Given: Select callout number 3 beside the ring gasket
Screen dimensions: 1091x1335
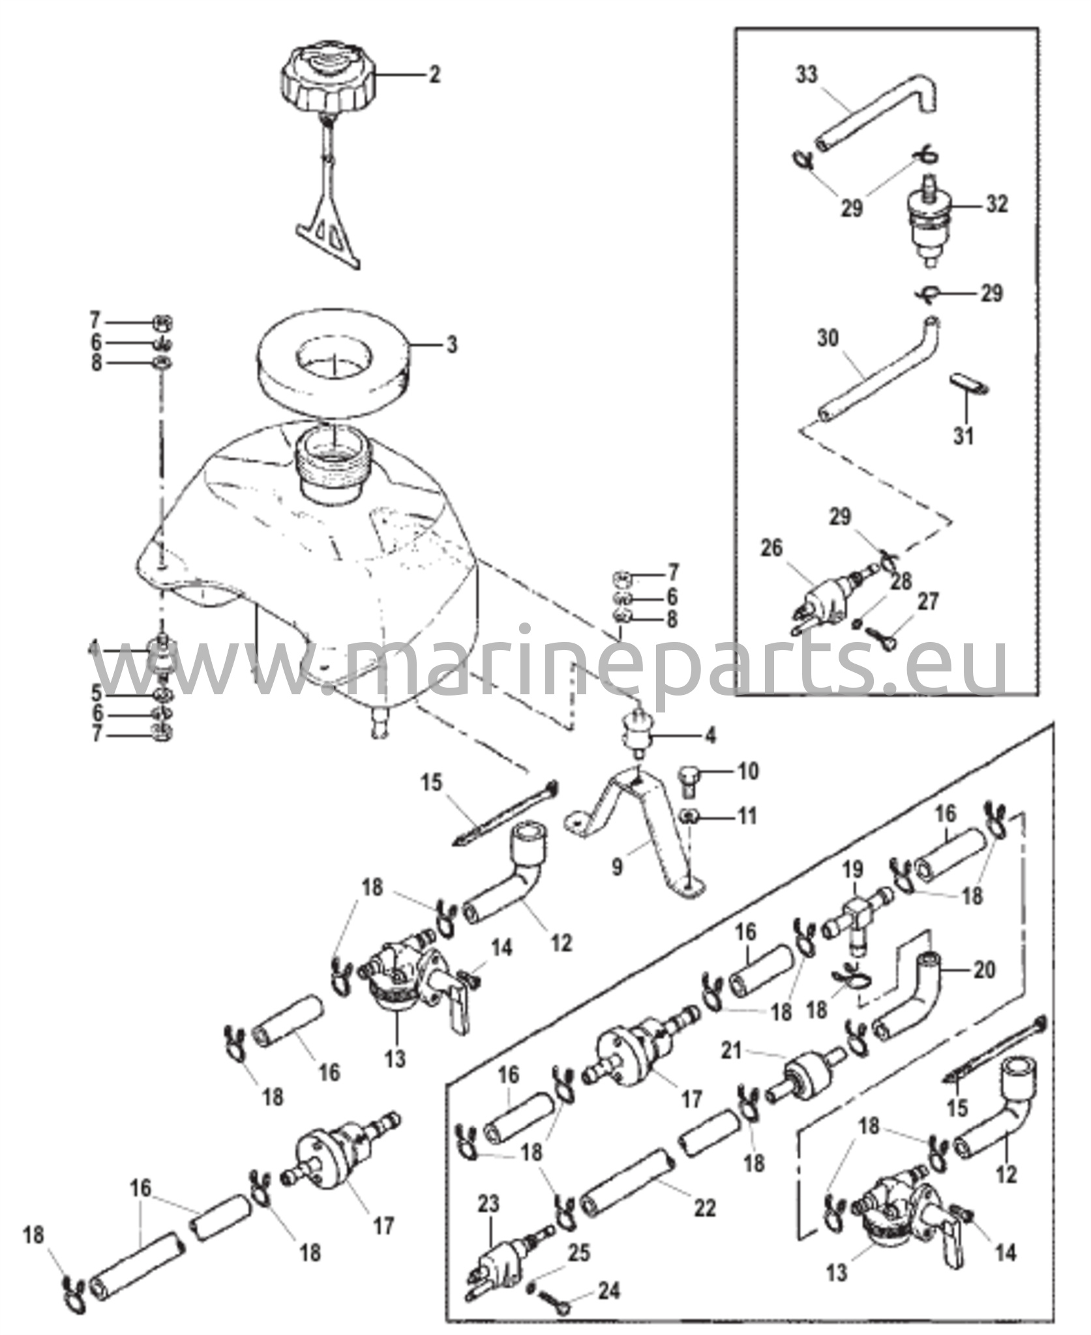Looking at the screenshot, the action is click(451, 344).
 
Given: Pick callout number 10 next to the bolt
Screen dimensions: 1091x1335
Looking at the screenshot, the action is click(749, 772).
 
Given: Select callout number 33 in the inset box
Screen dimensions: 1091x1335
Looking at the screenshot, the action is click(807, 76).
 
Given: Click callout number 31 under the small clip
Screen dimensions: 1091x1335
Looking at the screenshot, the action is click(964, 435).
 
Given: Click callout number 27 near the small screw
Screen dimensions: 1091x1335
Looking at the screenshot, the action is click(928, 602).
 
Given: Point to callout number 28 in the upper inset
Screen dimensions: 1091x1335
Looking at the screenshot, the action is click(903, 580).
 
